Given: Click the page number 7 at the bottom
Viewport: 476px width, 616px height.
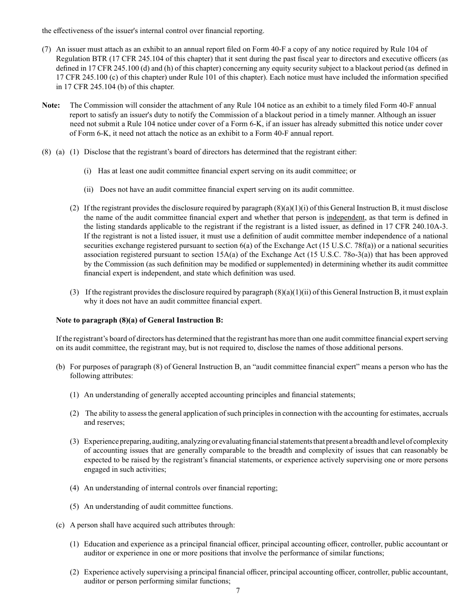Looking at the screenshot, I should [238, 590].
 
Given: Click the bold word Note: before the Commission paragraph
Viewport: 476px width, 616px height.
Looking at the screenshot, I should [51, 105].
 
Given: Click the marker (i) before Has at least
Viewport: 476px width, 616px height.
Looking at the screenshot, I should [88, 171].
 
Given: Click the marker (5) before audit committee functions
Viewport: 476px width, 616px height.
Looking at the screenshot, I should [74, 506].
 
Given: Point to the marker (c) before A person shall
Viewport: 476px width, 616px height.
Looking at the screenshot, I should [60, 525].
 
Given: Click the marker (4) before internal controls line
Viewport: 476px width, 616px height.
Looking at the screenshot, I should [74, 488].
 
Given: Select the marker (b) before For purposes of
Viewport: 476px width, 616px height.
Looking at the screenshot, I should [60, 367].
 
